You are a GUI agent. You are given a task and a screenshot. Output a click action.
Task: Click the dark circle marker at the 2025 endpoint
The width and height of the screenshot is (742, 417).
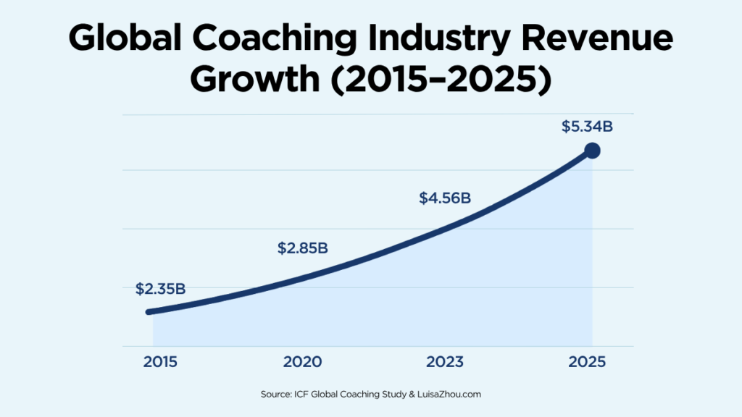[x=592, y=151]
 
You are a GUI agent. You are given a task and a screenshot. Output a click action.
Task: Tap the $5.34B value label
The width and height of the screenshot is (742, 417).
[x=587, y=127]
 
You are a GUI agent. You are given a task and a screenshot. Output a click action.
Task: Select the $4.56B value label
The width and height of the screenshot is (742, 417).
[x=445, y=198]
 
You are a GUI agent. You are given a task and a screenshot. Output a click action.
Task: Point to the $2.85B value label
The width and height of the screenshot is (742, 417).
[x=303, y=248]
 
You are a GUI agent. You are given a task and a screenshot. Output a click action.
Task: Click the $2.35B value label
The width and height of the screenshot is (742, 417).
[x=161, y=289]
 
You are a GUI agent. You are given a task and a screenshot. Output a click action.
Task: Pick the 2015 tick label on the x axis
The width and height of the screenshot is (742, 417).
[x=161, y=362]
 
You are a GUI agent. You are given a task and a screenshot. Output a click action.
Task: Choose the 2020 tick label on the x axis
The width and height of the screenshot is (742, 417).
[x=303, y=362]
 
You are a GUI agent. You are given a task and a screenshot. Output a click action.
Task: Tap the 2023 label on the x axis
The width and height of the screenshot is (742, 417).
[x=445, y=362]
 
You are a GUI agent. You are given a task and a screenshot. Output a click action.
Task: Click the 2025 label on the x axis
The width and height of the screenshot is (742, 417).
[x=587, y=362]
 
